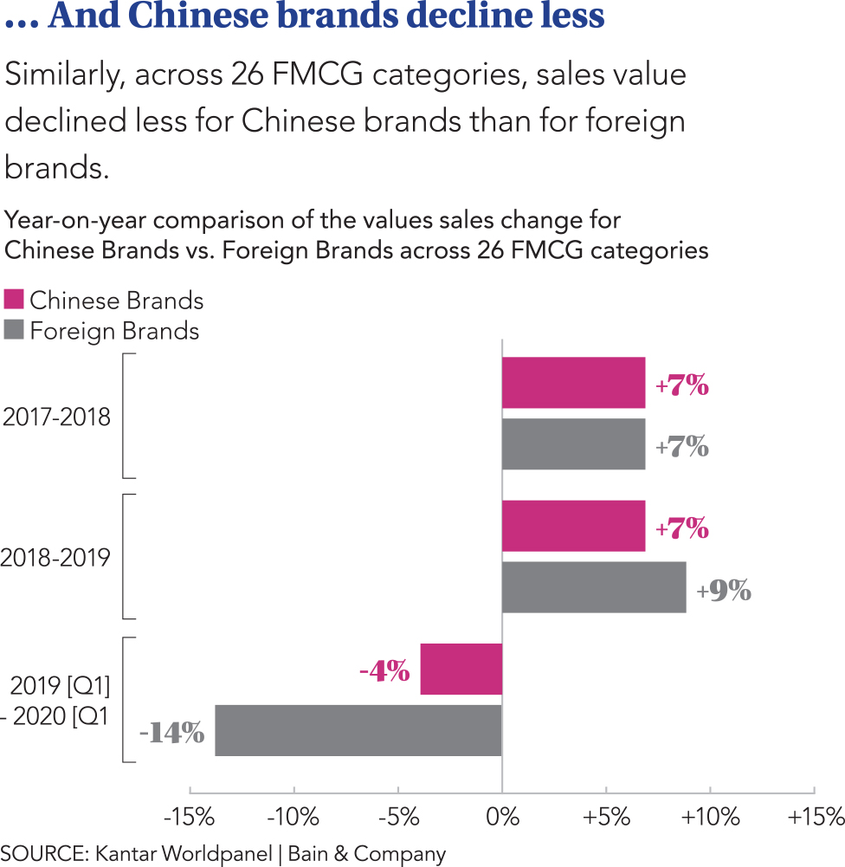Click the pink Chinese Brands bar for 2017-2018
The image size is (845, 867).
(573, 383)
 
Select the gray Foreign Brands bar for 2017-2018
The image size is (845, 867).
(573, 444)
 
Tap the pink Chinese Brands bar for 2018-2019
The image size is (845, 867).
(573, 526)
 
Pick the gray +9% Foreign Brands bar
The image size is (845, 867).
(594, 587)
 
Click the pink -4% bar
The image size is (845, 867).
(461, 669)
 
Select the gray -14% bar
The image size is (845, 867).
(358, 730)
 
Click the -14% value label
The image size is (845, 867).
(172, 733)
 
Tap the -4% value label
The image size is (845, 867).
(384, 671)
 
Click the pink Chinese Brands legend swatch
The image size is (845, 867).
(14, 300)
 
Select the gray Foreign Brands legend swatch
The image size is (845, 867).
(14, 330)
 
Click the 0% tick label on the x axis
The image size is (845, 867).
(502, 816)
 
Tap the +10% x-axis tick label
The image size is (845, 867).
(710, 816)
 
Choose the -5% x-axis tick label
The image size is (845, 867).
(397, 816)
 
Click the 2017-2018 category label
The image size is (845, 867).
(57, 417)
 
